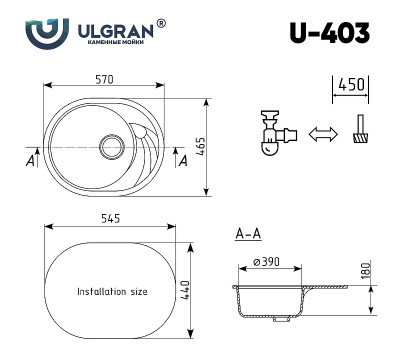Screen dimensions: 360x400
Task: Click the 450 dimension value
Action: (x=350, y=84)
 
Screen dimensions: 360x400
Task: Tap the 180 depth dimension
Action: (x=366, y=269)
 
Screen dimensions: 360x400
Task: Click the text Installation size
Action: (x=112, y=292)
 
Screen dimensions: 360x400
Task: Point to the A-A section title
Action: (x=248, y=235)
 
